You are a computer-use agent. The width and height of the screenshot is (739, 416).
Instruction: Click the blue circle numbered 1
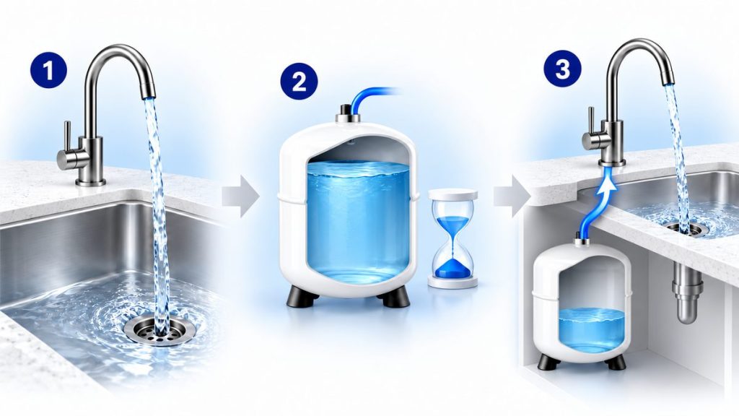(48, 70)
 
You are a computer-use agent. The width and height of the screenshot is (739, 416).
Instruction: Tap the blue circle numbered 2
(299, 81)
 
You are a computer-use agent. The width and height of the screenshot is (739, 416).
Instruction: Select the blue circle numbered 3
(563, 69)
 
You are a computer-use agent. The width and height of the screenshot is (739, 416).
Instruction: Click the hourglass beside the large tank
(452, 238)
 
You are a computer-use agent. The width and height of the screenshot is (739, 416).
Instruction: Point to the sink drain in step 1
(160, 331)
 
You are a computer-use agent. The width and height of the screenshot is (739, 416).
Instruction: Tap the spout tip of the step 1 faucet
(149, 94)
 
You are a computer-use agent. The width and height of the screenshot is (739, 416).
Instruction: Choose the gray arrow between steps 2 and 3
(512, 196)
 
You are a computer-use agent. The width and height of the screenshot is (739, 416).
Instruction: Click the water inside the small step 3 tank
(592, 329)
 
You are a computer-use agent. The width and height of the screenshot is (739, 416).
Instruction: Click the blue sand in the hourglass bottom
(452, 269)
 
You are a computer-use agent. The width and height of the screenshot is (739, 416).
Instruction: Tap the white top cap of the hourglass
(453, 194)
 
